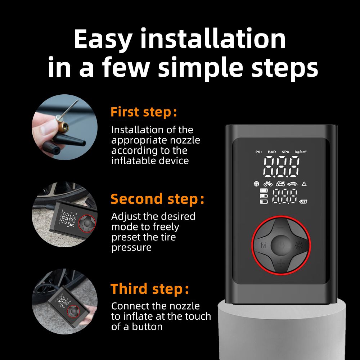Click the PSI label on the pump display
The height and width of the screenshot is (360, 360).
(x=258, y=152)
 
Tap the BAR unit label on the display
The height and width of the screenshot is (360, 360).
(x=272, y=152)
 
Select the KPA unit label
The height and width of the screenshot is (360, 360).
(x=285, y=152)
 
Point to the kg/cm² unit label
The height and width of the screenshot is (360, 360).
(x=300, y=152)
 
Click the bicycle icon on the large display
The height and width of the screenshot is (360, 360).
(x=268, y=184)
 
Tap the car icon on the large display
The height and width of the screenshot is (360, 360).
(x=292, y=184)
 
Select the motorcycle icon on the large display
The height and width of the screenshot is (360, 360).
(x=280, y=184)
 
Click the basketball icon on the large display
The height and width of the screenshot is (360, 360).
(x=256, y=184)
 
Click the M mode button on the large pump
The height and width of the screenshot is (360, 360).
(x=263, y=246)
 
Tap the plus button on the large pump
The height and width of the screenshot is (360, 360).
(x=281, y=265)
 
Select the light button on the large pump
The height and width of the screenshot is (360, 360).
(x=299, y=246)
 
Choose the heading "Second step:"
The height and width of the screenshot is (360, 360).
(x=157, y=199)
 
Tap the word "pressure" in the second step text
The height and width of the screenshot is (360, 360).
(x=131, y=248)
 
